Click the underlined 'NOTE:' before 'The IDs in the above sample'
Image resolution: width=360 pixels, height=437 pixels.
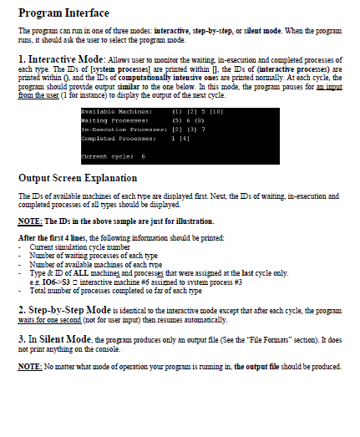30,221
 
